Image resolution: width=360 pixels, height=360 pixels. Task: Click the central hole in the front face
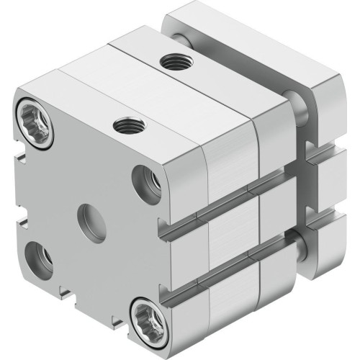coord(90,215)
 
